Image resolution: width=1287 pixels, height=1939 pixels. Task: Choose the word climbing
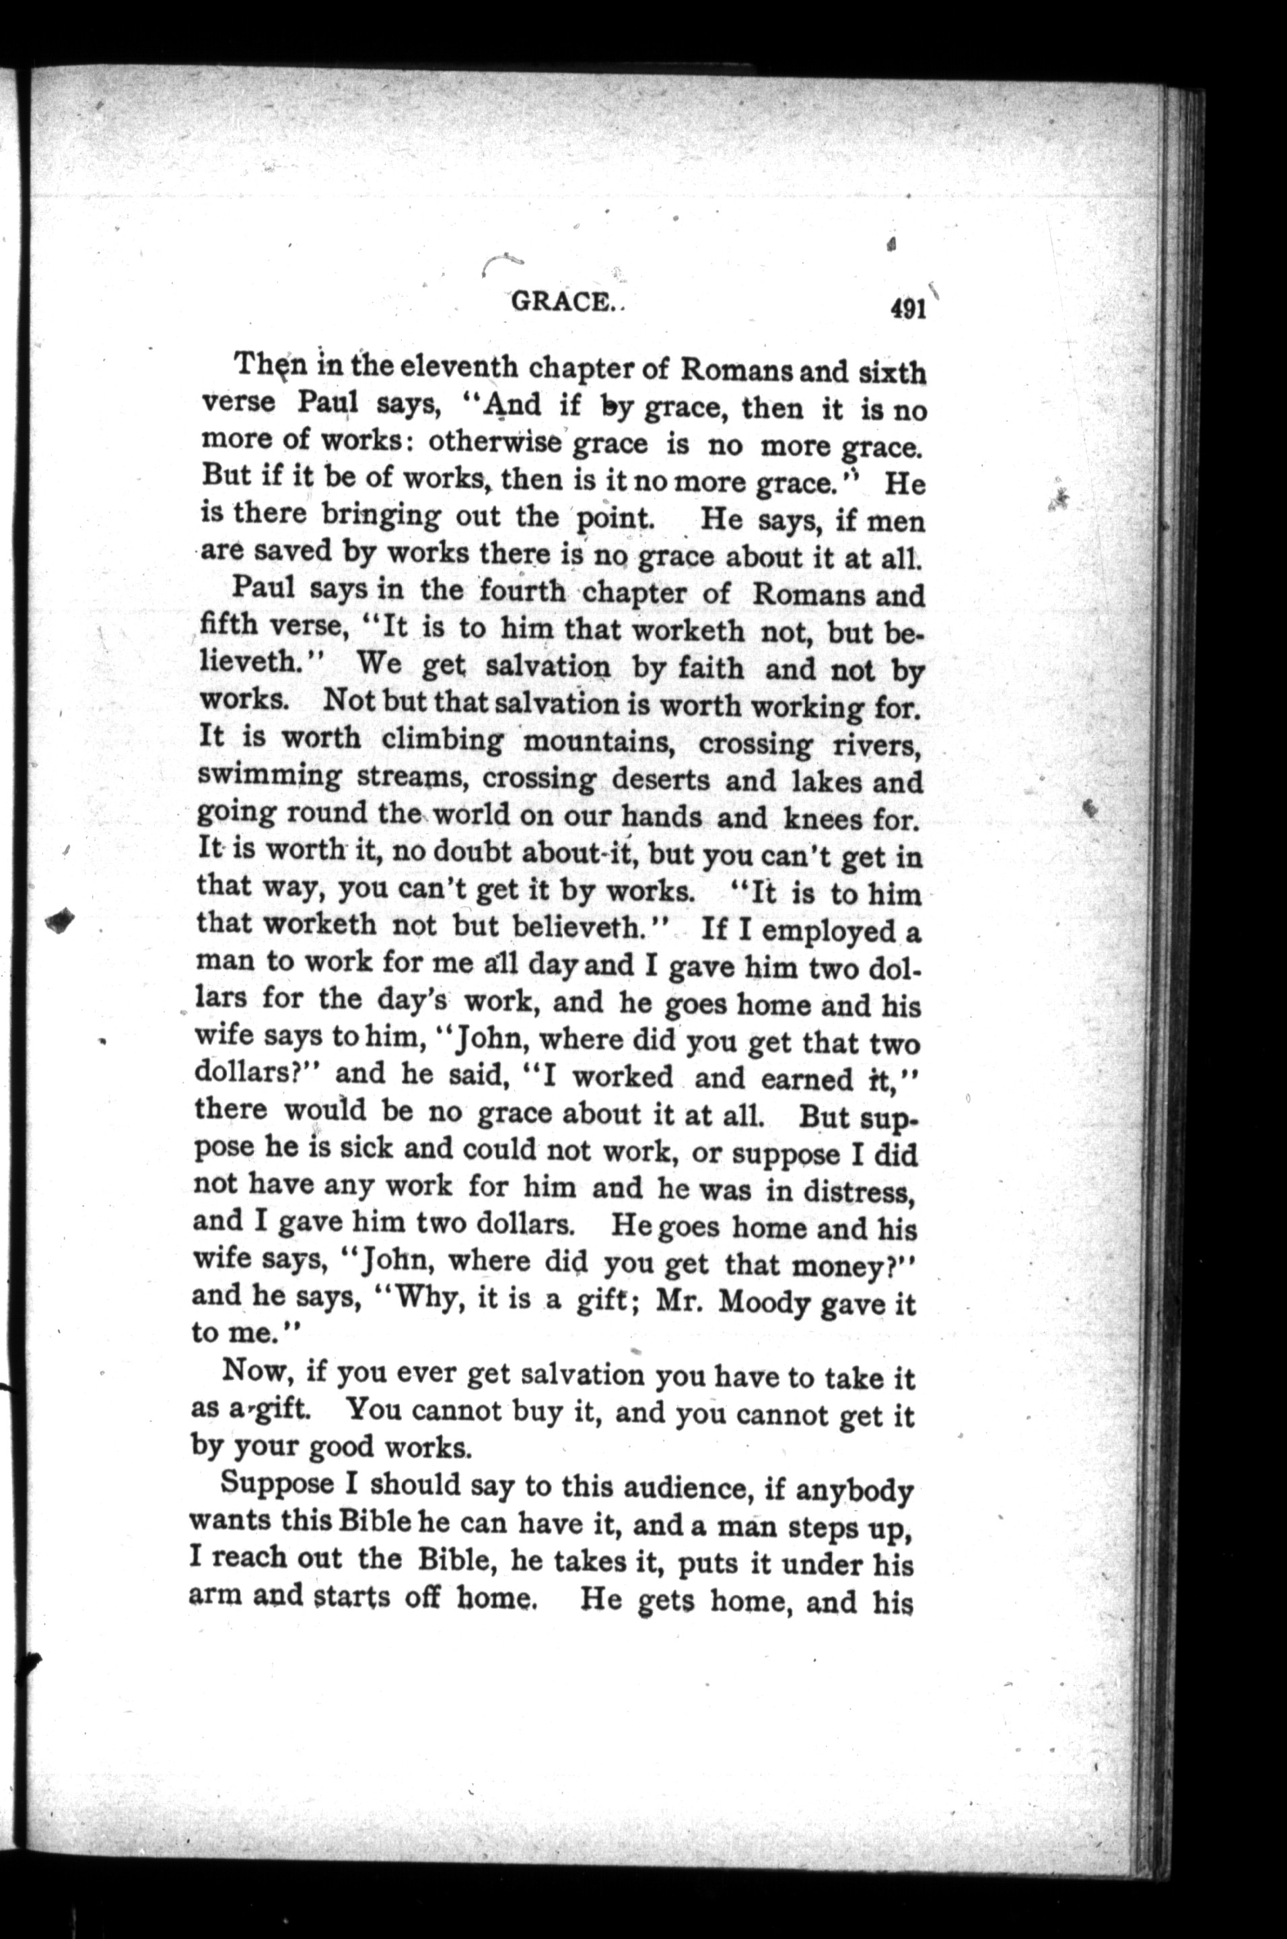coord(442,741)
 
